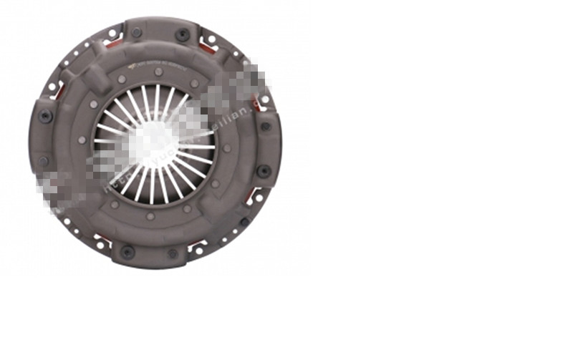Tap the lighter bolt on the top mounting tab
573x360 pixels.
136,32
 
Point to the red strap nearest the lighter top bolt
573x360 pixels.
109,43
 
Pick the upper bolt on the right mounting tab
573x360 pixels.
265,126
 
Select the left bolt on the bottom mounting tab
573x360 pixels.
127,251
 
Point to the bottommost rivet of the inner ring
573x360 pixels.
150,216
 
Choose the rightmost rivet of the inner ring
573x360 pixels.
226,148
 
